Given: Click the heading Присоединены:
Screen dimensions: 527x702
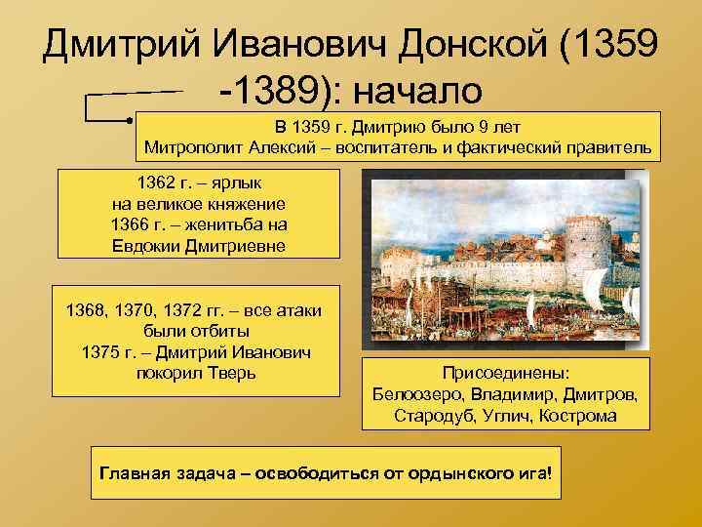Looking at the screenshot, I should pos(505,374).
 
